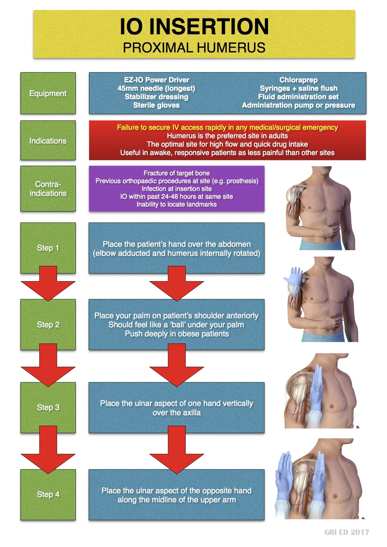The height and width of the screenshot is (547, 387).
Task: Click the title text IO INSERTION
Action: [194, 27]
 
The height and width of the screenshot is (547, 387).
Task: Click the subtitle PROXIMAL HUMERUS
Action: [194, 48]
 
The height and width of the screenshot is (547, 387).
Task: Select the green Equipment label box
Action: [48, 93]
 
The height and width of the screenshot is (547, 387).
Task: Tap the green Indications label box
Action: [48, 141]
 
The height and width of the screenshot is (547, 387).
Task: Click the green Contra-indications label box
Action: [48, 189]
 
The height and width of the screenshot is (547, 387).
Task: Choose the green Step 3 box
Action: [48, 407]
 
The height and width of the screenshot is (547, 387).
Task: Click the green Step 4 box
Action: [48, 494]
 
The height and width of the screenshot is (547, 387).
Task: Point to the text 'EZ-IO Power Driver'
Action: [156, 80]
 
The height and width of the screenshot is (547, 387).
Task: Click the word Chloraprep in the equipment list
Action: [298, 80]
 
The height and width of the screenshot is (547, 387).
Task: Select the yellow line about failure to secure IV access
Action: [227, 127]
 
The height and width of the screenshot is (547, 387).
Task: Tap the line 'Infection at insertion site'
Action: [177, 189]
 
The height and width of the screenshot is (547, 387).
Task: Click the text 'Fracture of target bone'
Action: [177, 173]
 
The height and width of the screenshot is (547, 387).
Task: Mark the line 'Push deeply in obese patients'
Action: [177, 334]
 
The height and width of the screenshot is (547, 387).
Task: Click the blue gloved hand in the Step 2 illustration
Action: [293, 276]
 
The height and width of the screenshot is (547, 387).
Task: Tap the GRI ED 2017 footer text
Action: [347, 532]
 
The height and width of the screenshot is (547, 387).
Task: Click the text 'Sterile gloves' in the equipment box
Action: [156, 105]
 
